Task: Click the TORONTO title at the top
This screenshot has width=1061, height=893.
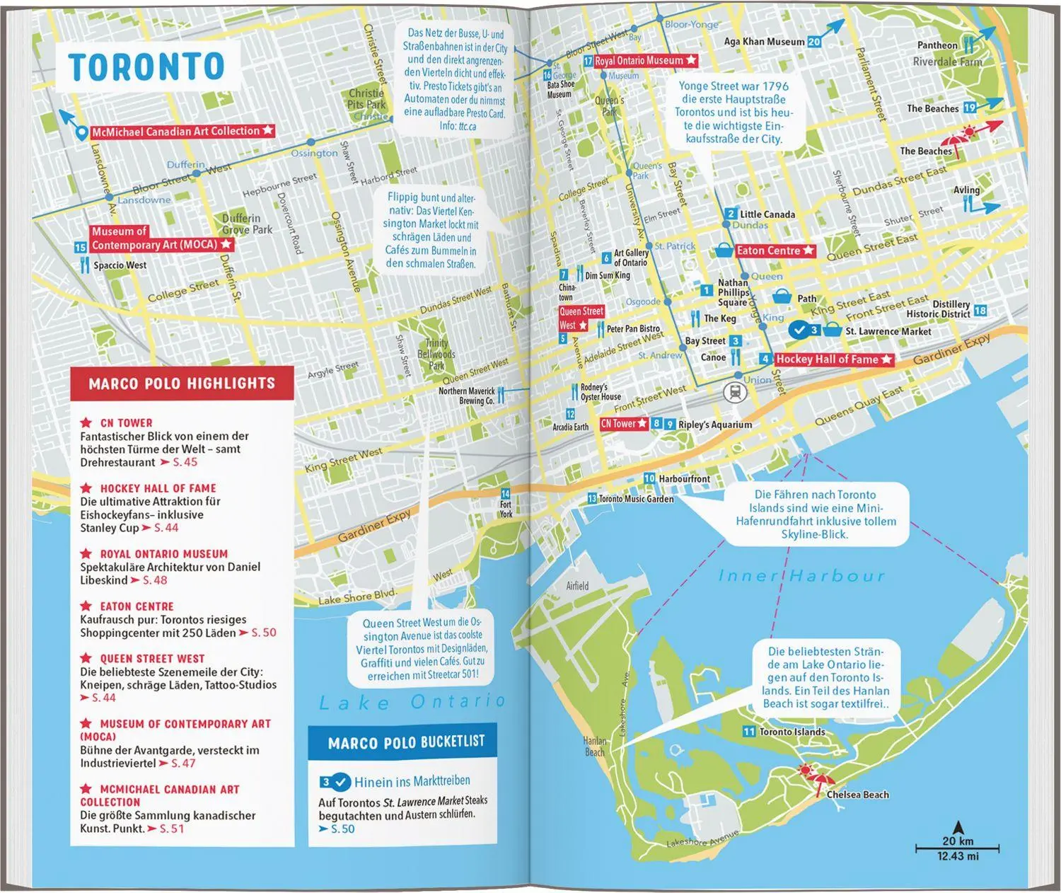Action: click(x=146, y=67)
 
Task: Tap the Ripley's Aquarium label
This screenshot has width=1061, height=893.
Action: click(x=714, y=425)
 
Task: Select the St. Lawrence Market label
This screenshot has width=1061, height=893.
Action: click(x=888, y=331)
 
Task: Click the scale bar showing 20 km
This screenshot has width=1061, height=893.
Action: click(x=957, y=847)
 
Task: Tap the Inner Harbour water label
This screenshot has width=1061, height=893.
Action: click(x=801, y=576)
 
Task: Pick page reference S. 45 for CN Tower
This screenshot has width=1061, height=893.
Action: click(x=185, y=462)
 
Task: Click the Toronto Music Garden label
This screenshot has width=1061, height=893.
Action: click(x=636, y=499)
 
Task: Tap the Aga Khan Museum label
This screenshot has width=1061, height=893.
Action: click(x=764, y=42)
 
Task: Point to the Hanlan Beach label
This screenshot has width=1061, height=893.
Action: click(x=594, y=747)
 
